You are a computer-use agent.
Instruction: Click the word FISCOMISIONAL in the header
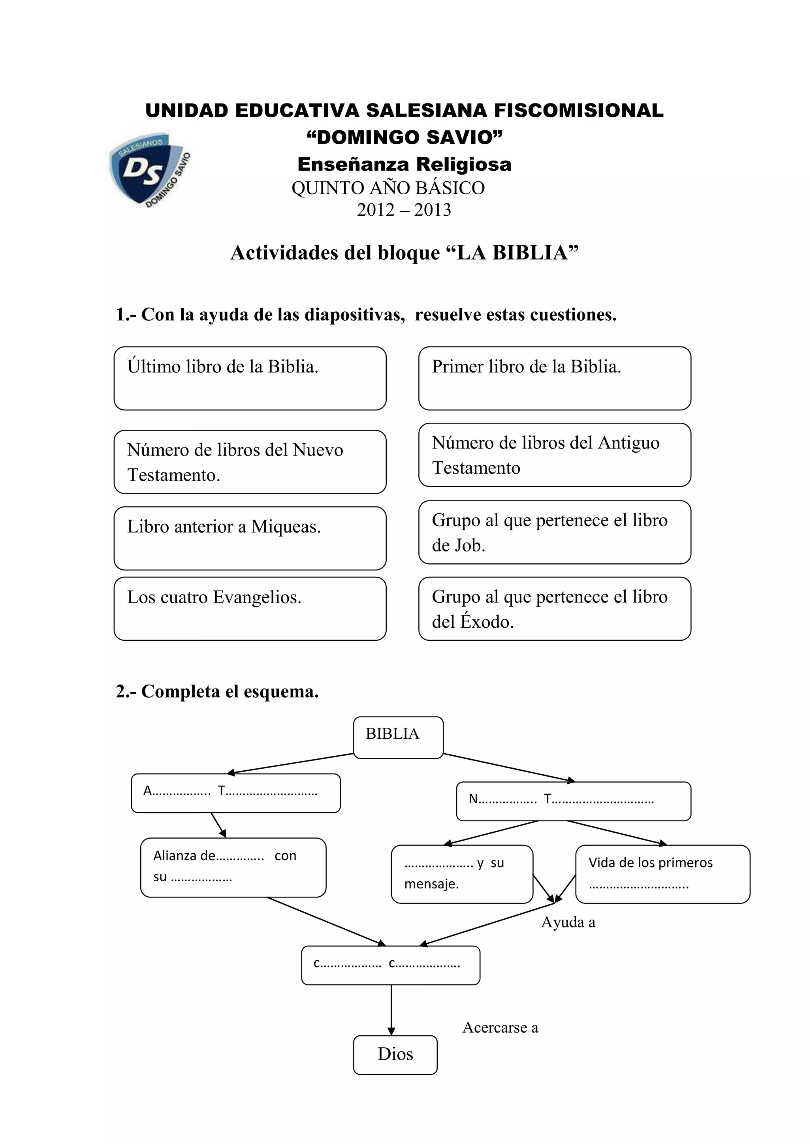(578, 111)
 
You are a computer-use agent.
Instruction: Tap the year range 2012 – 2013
(404, 210)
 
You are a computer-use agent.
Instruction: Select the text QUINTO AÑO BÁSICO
(388, 188)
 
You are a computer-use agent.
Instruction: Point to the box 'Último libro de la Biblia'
(250, 378)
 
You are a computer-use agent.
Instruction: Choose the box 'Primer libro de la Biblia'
(555, 378)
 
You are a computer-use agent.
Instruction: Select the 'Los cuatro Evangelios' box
(250, 608)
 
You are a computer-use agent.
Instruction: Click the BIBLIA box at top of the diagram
(398, 738)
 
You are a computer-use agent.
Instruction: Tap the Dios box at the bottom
(395, 1055)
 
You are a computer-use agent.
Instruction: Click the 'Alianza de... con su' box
(233, 867)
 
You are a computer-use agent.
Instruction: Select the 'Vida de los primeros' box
(662, 874)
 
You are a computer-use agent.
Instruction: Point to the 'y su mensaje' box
(462, 874)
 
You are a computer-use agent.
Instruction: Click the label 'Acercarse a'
(500, 1027)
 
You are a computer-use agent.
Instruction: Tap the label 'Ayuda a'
(568, 922)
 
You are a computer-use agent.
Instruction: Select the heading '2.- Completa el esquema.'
(217, 692)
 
